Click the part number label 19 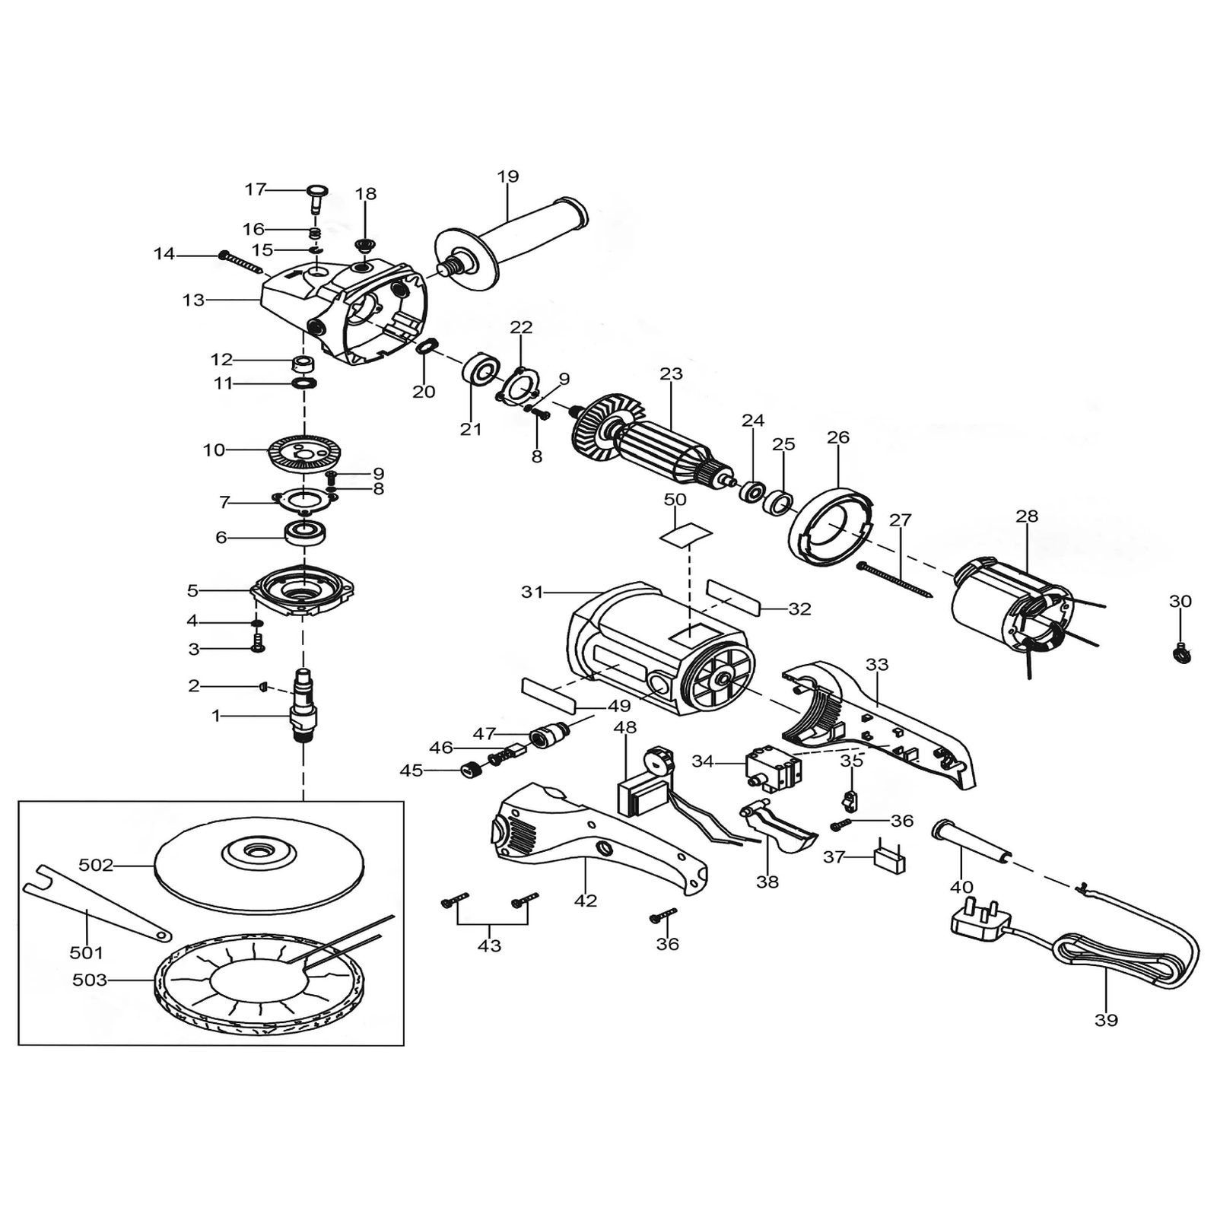pos(508,176)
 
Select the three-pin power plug pos(982,921)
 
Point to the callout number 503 pos(90,980)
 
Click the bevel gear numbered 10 pos(303,454)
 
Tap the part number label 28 pos(1027,516)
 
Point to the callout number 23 pos(672,374)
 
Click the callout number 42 pos(586,901)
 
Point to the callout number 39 pos(1106,1020)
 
